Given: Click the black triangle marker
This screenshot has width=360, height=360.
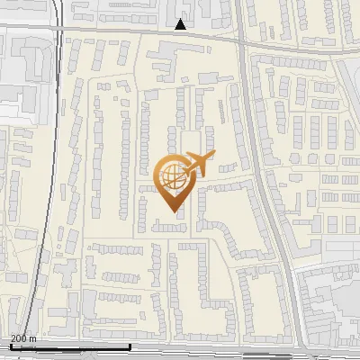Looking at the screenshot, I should click(x=181, y=24).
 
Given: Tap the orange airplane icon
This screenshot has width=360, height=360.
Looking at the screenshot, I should click(x=196, y=164).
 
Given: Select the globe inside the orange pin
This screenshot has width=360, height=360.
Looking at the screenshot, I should click(x=170, y=177).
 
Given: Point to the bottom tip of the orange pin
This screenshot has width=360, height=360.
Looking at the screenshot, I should click(x=171, y=210).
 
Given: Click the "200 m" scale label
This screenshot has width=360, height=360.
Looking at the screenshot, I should click(x=23, y=338).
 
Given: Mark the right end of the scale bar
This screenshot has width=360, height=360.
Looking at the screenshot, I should click(x=130, y=346).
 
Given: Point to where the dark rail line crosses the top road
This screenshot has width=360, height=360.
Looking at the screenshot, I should click(x=58, y=29).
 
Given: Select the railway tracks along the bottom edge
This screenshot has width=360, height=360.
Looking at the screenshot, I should click(x=180, y=355).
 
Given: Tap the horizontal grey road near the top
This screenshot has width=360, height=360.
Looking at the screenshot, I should click(x=135, y=31).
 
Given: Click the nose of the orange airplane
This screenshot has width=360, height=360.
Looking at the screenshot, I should click(x=214, y=156).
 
